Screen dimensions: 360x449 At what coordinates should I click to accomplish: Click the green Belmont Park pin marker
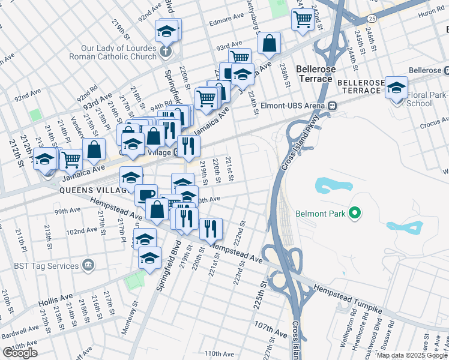click(x=355, y=213)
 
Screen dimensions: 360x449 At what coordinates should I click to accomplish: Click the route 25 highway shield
click(x=372, y=19)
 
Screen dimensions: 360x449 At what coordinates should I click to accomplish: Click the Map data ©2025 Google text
click(x=412, y=355)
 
